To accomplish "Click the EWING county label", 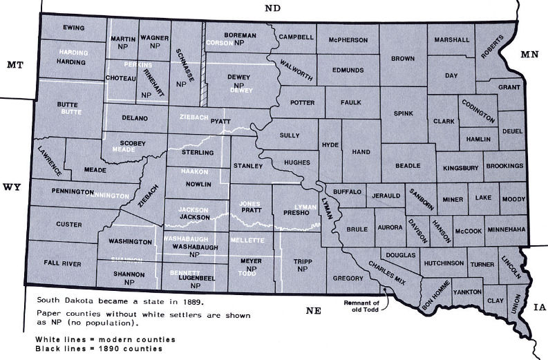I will point(74,28).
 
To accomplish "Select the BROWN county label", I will point(402,59).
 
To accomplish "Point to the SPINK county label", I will point(403,112).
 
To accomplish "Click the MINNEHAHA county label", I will point(506,229).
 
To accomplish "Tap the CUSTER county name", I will point(68,225).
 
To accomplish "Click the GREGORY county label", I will point(348,278).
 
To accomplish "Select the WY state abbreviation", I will point(12,187).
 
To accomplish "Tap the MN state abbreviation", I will point(530,53).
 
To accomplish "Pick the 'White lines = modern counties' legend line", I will point(106,339).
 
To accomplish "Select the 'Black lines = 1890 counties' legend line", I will point(99,348).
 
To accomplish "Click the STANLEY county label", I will point(248,167).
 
